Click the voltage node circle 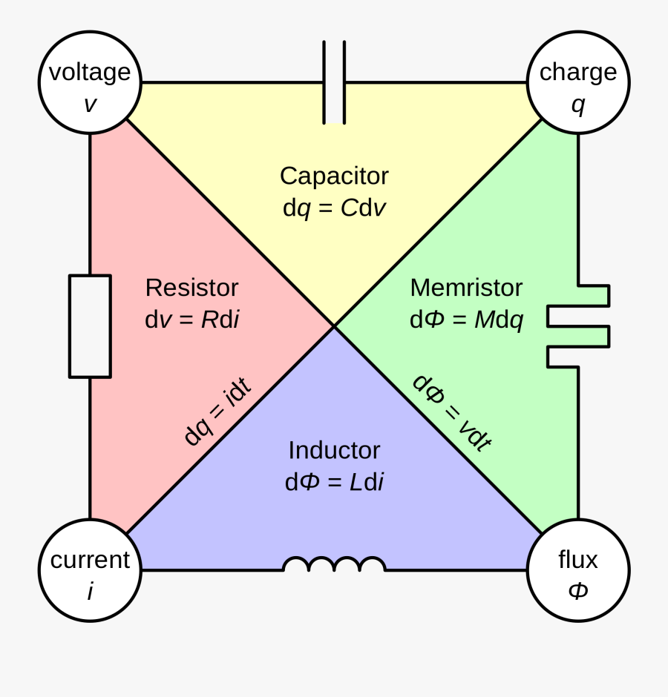pos(90,82)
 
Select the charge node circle pos(578,82)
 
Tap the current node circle pos(90,570)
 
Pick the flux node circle pos(578,570)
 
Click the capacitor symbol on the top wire pos(334,82)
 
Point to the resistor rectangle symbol pos(90,326)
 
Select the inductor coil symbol pos(334,565)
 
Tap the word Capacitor pos(334,176)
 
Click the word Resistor pos(191,288)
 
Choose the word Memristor pos(466,288)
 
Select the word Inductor pos(334,450)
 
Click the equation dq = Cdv pos(334,208)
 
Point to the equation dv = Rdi pos(191,320)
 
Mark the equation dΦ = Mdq pos(466,320)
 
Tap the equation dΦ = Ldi pos(334,482)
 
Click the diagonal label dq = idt pos(217,412)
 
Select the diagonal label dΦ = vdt pos(451,412)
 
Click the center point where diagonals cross pos(334,326)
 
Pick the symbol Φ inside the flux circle pos(578,591)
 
